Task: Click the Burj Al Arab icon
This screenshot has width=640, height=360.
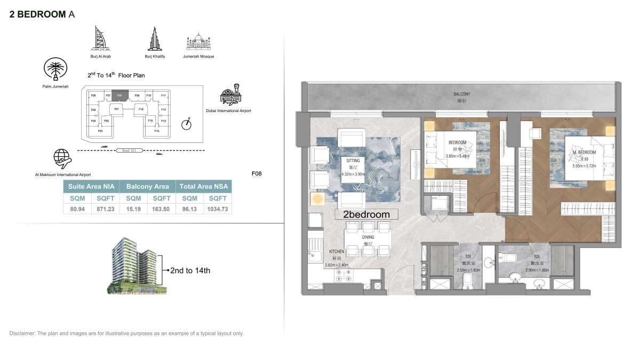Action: [100, 38]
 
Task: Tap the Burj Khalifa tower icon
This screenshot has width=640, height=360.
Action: [152, 38]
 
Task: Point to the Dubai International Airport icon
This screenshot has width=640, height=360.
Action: [230, 95]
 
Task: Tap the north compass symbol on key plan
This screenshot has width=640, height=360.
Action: [186, 124]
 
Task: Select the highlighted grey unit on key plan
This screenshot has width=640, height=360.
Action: [120, 95]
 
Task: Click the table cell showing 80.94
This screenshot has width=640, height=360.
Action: [74, 209]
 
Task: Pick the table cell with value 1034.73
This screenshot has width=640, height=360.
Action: [218, 209]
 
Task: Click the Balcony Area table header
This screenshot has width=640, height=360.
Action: [147, 186]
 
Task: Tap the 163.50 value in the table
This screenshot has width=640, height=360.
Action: [161, 209]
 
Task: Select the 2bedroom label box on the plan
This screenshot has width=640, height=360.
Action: [367, 214]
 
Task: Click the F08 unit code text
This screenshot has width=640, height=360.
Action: [257, 173]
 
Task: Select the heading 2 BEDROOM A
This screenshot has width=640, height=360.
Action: [42, 14]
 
